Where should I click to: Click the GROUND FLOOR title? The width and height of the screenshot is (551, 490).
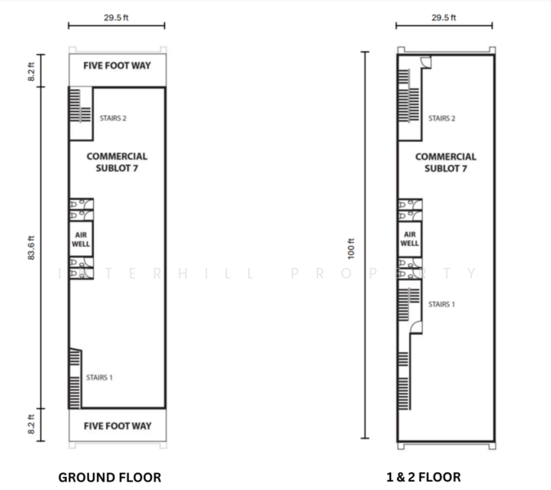tap(109, 478)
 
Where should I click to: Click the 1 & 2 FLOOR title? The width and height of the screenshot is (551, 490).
tap(424, 477)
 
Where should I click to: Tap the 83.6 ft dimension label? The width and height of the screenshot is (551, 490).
tap(31, 247)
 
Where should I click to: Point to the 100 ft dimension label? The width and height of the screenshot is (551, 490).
tap(351, 249)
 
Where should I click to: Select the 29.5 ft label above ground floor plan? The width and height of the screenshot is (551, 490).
tap(116, 18)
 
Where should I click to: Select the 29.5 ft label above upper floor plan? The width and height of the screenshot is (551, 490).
tap(444, 18)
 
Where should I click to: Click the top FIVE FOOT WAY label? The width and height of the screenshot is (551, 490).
tap(117, 65)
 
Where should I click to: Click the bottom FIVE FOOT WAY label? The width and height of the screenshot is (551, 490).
tap(118, 426)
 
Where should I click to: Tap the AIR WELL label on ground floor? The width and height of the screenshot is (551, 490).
tap(81, 239)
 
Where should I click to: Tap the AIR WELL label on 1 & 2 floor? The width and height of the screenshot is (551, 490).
tap(410, 238)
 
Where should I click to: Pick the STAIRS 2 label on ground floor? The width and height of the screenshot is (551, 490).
tap(113, 118)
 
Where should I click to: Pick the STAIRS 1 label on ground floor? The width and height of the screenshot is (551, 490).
tap(100, 377)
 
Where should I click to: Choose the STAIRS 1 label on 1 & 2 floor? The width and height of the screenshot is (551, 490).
tap(442, 305)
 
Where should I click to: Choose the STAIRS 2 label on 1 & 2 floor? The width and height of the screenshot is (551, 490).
tap(442, 118)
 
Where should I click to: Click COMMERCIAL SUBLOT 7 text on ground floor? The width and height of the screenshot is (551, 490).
tap(117, 162)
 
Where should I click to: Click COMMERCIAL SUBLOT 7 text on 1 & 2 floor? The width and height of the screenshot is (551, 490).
tap(446, 163)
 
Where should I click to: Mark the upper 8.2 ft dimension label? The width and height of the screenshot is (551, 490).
tap(31, 72)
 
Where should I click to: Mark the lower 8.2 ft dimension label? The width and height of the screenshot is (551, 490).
tap(31, 425)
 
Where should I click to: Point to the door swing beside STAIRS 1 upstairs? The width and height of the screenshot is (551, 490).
tap(415, 327)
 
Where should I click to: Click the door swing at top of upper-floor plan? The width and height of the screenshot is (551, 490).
tap(426, 62)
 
